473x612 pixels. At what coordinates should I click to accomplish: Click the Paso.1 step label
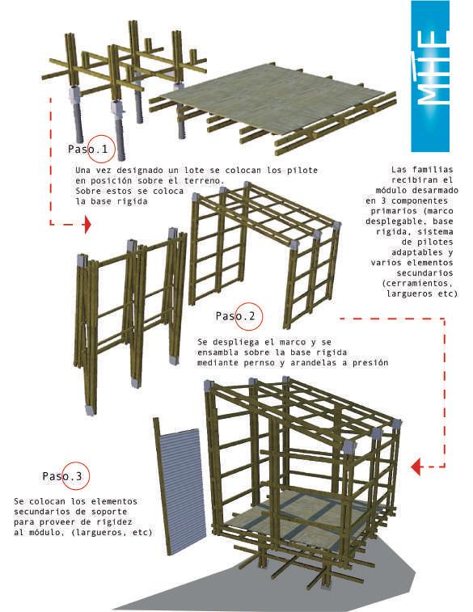(88, 149)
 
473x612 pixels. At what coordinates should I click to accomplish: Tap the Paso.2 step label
(235, 316)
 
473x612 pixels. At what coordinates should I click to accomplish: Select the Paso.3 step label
(62, 476)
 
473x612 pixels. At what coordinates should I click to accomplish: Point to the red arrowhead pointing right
(88, 225)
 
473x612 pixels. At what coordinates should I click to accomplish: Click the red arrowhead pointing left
(416, 466)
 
